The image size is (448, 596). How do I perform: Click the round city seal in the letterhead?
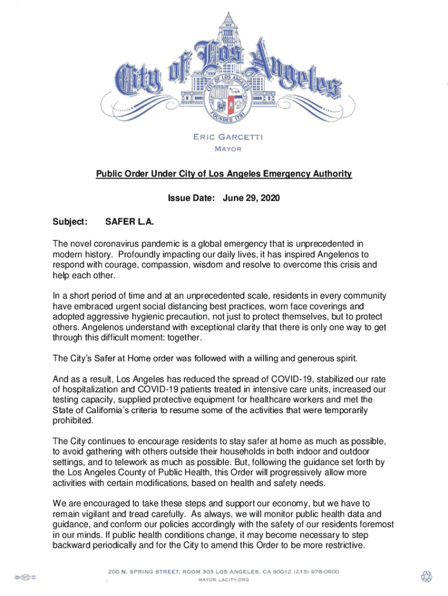point(224,95)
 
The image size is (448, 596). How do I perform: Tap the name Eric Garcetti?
point(225,137)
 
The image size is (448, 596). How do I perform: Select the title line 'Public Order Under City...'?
point(224,174)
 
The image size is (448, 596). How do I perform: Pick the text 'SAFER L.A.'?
point(129,222)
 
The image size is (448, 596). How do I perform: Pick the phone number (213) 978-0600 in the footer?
point(310,572)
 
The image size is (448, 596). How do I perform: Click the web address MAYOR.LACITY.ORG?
point(224,580)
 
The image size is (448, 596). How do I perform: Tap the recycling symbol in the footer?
point(426,576)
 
